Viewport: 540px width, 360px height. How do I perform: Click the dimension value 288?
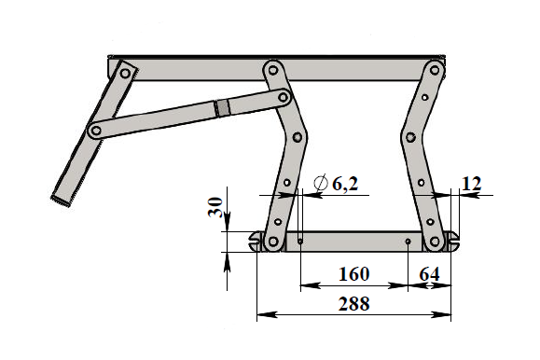tap(354, 304)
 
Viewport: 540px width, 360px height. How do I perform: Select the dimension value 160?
tap(354, 274)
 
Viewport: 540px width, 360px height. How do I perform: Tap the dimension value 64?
tap(429, 274)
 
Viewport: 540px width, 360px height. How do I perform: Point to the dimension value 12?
tap(471, 184)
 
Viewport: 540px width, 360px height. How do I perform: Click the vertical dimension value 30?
tap(215, 207)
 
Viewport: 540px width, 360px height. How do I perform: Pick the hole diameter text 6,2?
tap(345, 184)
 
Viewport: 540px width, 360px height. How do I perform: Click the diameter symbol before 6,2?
tap(321, 183)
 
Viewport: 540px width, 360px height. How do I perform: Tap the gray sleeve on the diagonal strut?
tap(223, 108)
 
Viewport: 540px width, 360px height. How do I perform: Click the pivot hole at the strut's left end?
tap(97, 131)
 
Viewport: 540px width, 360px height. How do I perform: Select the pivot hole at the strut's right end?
tap(284, 98)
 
